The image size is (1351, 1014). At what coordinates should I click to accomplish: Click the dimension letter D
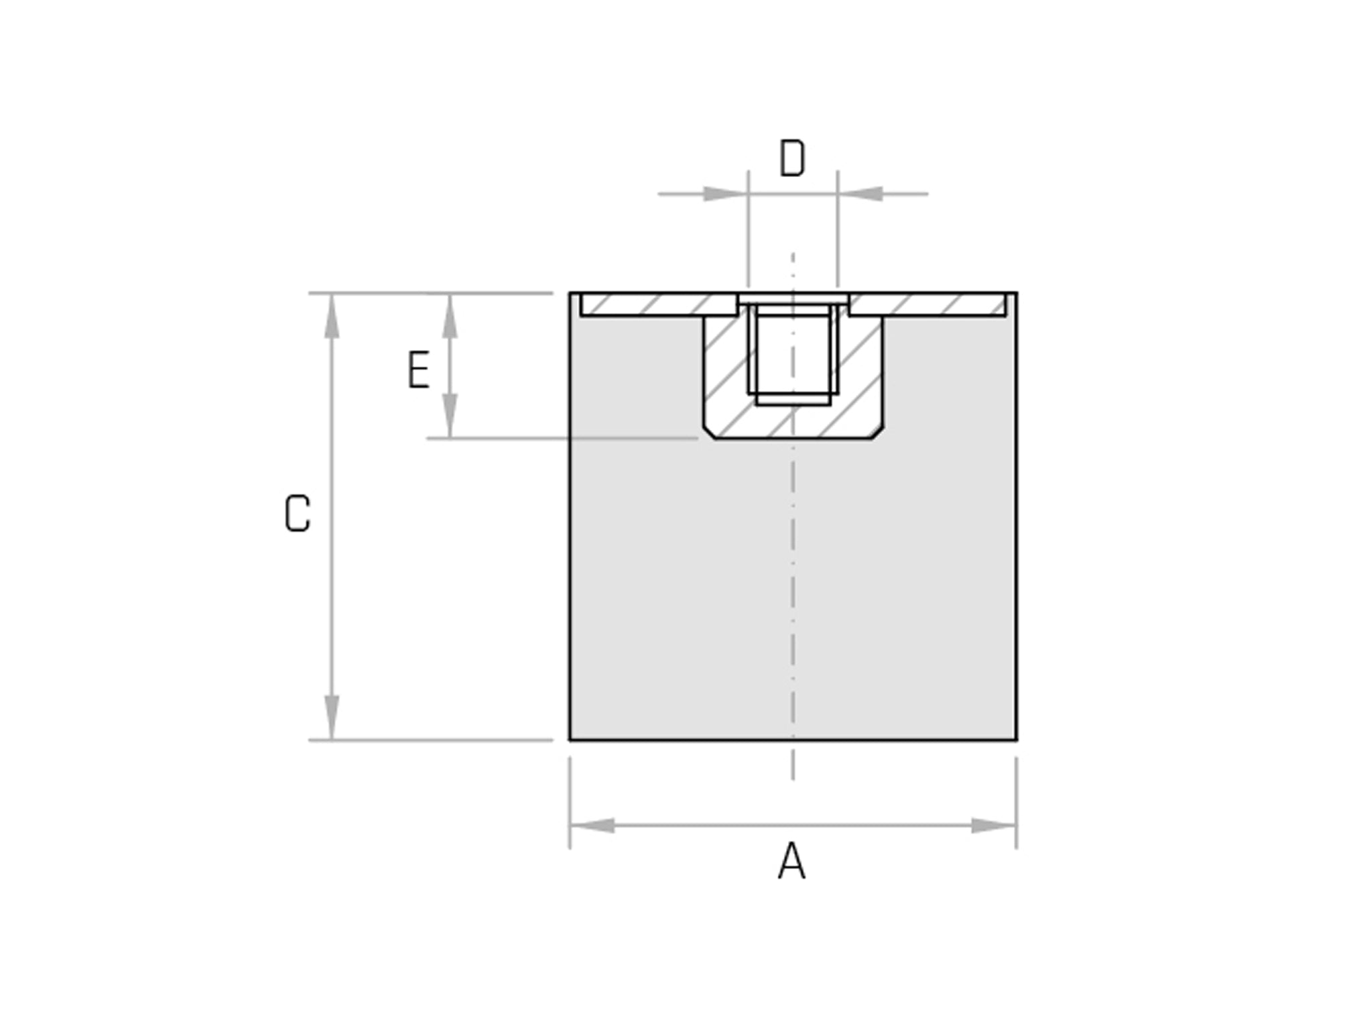(792, 159)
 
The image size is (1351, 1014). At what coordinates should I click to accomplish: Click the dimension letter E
(419, 370)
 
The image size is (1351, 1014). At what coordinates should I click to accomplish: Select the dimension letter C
(298, 514)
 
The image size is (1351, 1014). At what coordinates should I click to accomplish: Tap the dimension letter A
(791, 862)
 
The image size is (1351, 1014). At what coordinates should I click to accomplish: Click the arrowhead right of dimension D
(860, 194)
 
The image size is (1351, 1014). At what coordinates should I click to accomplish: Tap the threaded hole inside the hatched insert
(793, 352)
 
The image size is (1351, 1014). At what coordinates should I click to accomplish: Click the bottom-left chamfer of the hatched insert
(709, 433)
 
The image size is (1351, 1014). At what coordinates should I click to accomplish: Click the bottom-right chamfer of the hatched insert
(877, 433)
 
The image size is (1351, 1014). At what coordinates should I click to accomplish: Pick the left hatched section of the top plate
(659, 304)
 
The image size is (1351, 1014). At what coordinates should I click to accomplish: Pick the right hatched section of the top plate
(927, 304)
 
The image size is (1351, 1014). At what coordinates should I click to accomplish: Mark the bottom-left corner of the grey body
(570, 740)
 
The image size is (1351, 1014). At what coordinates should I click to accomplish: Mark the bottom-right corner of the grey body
(1016, 740)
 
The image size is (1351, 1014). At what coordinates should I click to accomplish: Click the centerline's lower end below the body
(793, 778)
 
